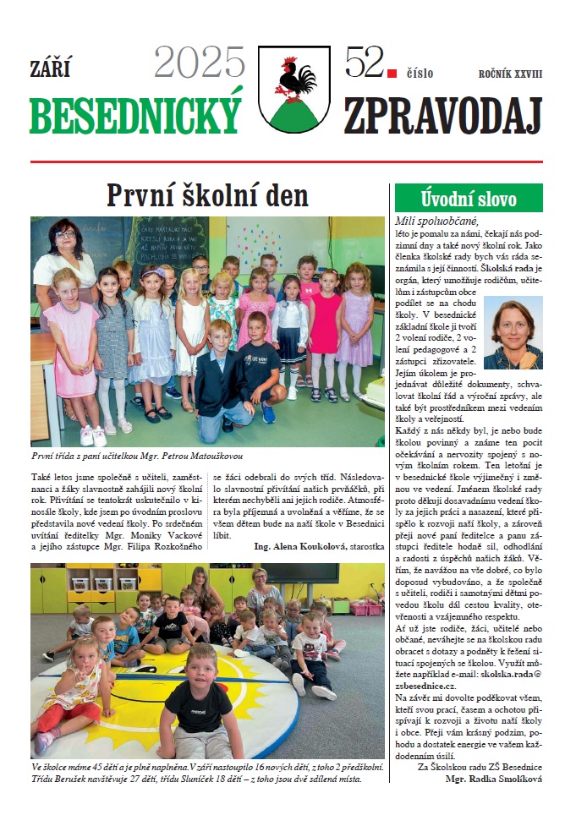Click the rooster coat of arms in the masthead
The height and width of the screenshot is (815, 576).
(293, 89)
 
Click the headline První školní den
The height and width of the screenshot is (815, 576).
(207, 195)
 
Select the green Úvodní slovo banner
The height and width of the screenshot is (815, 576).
(468, 198)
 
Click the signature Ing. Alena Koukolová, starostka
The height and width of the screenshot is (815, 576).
(319, 546)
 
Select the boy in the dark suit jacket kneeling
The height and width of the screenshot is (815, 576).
(222, 378)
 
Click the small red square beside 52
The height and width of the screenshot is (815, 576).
(391, 74)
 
